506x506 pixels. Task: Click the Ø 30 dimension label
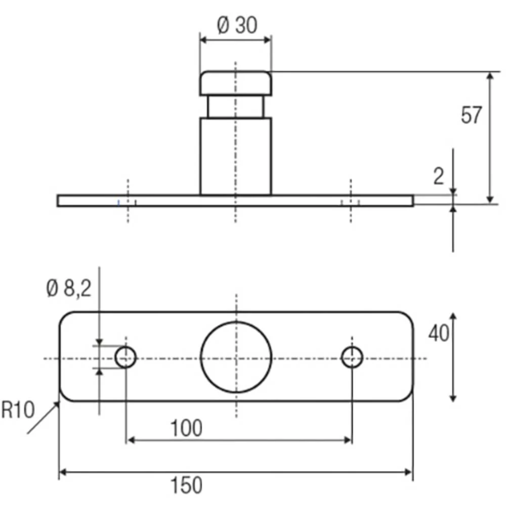pos(237,25)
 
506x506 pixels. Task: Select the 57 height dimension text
pos(471,116)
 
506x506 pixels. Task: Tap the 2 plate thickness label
pos(438,176)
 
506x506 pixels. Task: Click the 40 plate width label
pos(438,334)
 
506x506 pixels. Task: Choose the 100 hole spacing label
pos(186,429)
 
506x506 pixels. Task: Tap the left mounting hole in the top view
pos(125,358)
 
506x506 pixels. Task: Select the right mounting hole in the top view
pos(352,358)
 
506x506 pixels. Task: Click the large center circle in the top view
pos(236,357)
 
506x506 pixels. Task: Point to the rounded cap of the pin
pos(236,83)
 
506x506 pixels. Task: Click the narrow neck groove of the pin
pos(236,107)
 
